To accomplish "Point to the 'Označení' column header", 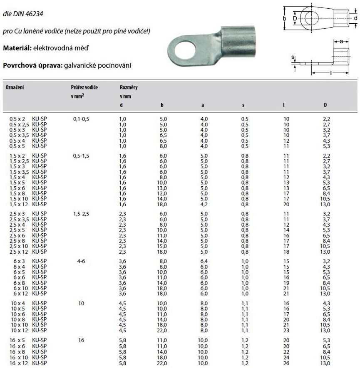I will point(15,88).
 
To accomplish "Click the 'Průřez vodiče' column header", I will point(84,88).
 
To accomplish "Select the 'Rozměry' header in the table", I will point(129,88).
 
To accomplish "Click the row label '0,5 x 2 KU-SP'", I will point(27,119).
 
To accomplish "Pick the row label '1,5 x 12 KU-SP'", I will point(27,204).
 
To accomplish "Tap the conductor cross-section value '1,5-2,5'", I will point(81,214).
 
